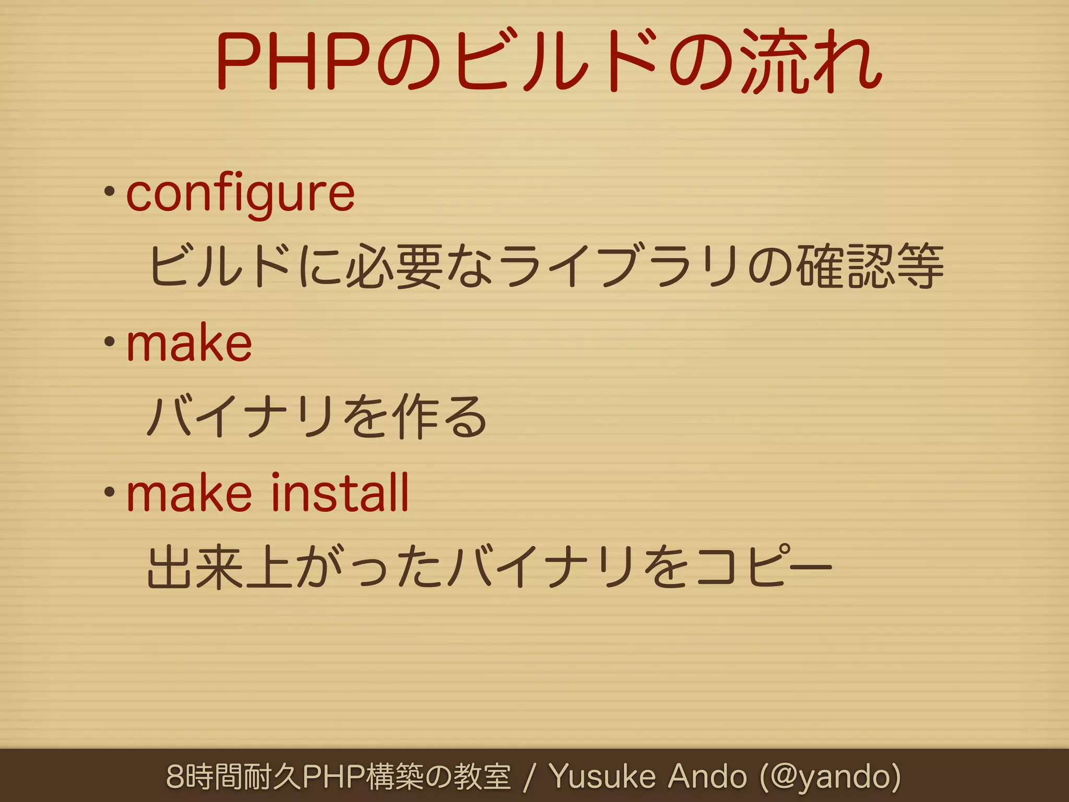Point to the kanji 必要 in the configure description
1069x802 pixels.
tap(394, 267)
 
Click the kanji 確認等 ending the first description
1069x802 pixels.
tap(872, 267)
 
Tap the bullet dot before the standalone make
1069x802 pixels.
tap(109, 342)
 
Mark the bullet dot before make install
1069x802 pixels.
tap(109, 492)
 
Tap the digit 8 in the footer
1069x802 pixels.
tap(175, 776)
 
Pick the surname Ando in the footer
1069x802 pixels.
tap(707, 776)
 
